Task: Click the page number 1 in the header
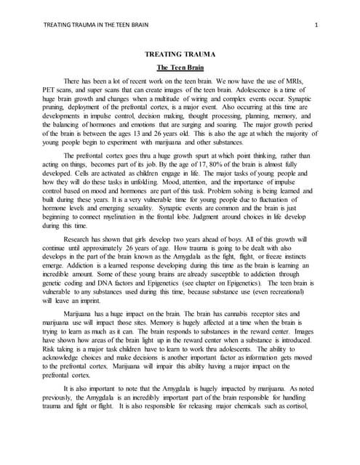pyautogui.click(x=318, y=26)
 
